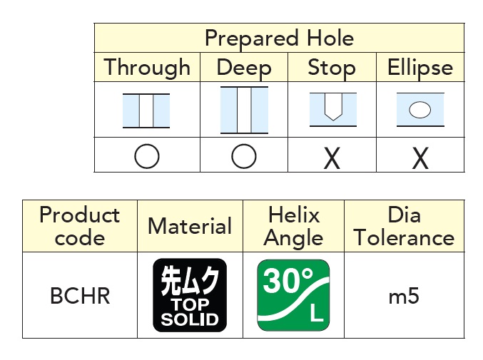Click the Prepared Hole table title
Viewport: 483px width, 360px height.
pyautogui.click(x=280, y=38)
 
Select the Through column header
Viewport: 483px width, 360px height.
pyautogui.click(x=147, y=68)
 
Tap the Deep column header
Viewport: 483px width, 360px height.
pyautogui.click(x=244, y=68)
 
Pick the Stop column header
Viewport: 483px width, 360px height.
pyautogui.click(x=332, y=68)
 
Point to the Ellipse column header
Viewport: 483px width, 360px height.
pyautogui.click(x=420, y=68)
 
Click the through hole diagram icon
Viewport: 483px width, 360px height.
pyautogui.click(x=146, y=110)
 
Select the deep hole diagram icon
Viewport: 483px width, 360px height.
pyautogui.click(x=244, y=110)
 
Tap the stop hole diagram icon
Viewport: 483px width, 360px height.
pyautogui.click(x=333, y=109)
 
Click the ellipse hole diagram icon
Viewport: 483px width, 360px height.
pyautogui.click(x=420, y=109)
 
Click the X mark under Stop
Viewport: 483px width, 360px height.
pyautogui.click(x=332, y=158)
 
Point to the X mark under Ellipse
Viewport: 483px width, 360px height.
pyautogui.click(x=420, y=158)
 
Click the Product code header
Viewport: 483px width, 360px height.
pyautogui.click(x=80, y=226)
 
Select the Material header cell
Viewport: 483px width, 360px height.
pyautogui.click(x=190, y=226)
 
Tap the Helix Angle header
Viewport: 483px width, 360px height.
pyautogui.click(x=293, y=227)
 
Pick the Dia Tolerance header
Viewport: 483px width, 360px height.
pyautogui.click(x=404, y=226)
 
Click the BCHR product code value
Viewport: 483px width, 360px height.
pyautogui.click(x=80, y=296)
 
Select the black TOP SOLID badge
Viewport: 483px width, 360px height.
pyautogui.click(x=190, y=295)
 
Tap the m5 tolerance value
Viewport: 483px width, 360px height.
pyautogui.click(x=404, y=297)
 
